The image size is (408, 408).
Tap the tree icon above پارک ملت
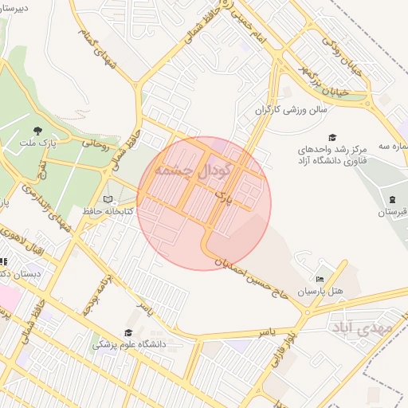pos(37,131)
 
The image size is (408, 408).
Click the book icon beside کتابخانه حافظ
pos(108,199)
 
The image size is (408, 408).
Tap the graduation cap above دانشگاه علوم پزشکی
pos(127,333)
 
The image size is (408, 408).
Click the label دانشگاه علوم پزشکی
pos(129,345)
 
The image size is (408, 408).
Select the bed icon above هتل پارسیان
pos(320,279)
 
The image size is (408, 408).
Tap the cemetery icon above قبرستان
pos(392,199)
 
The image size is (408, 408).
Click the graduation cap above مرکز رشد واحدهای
pos(331,137)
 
